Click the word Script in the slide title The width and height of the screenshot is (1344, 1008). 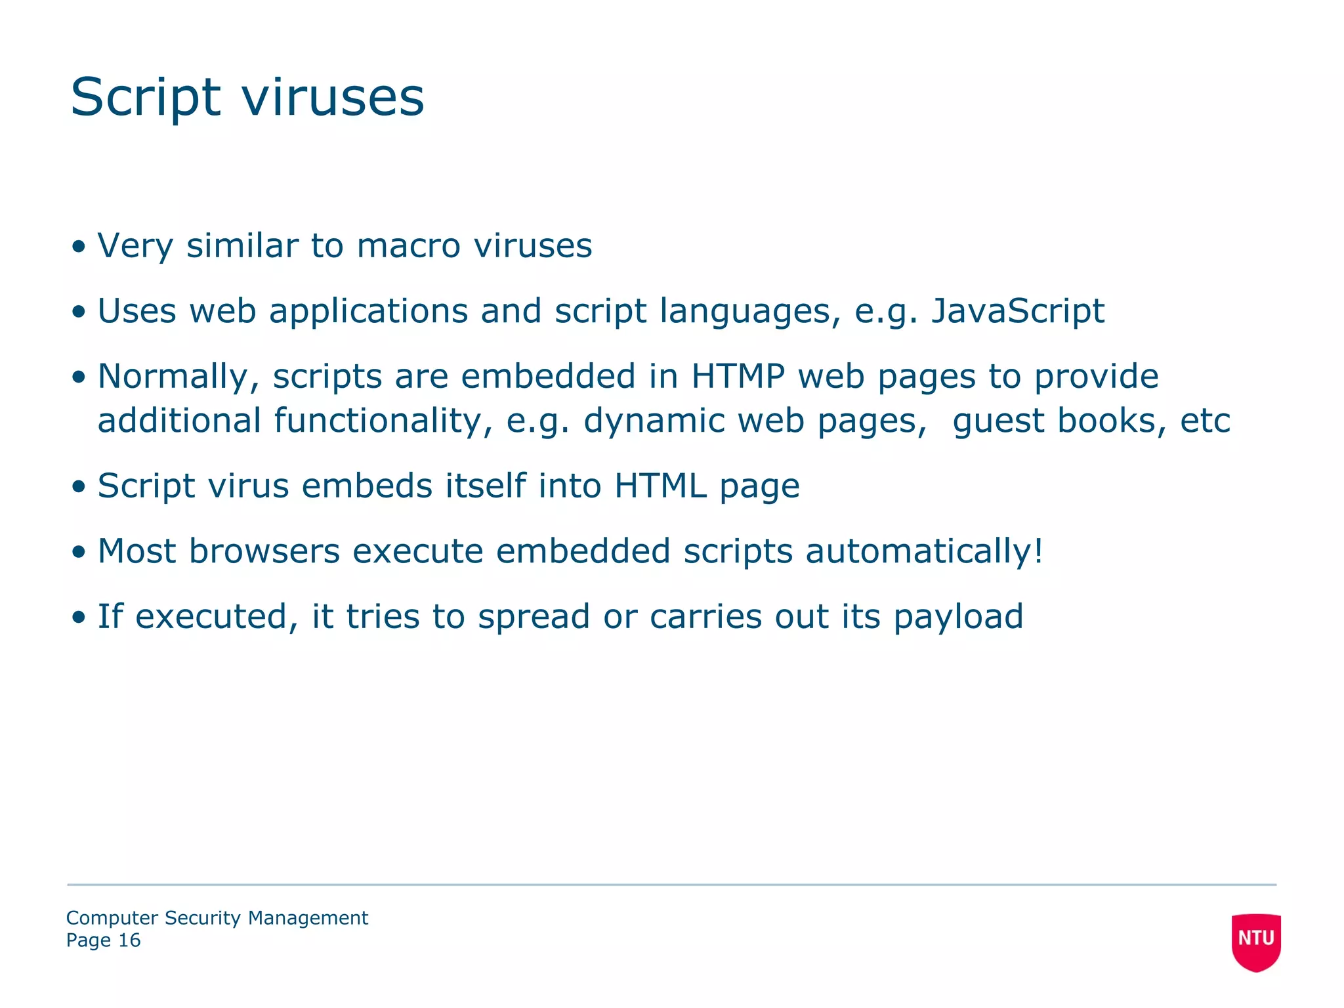click(x=145, y=98)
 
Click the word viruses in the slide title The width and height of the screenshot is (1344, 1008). click(x=333, y=98)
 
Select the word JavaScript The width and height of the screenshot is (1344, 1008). click(x=1018, y=311)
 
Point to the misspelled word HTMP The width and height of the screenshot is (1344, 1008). click(x=738, y=377)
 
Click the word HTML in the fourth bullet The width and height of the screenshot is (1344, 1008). click(x=660, y=486)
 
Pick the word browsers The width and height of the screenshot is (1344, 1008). click(x=264, y=551)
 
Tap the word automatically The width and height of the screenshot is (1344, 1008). click(x=923, y=551)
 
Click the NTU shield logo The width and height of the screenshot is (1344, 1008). click(x=1256, y=942)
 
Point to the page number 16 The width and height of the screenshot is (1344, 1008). click(x=129, y=940)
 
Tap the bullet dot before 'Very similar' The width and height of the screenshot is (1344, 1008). click(x=79, y=247)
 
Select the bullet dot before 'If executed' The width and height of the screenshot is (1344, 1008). click(x=79, y=618)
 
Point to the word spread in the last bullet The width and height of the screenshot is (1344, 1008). click(x=534, y=618)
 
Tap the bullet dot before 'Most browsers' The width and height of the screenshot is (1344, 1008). click(x=79, y=552)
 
